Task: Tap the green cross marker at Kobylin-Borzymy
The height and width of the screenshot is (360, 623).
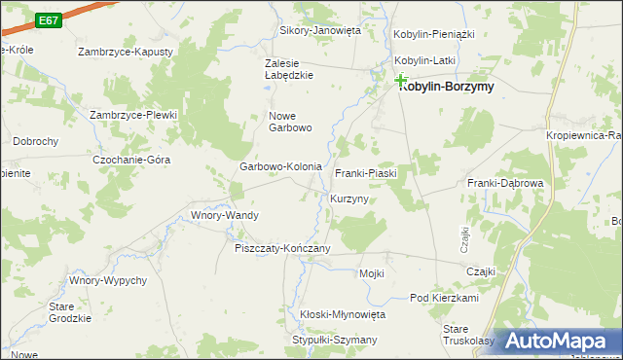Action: coord(400,82)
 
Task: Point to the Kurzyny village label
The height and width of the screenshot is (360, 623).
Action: coord(348,198)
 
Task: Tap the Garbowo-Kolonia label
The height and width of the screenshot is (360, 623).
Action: coord(280,166)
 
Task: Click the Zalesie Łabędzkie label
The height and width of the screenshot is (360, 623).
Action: coord(290,69)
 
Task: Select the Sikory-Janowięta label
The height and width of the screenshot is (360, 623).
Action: coord(320,30)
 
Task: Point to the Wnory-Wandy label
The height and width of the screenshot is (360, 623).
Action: coord(224,215)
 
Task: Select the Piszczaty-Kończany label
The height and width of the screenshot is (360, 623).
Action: coord(282,248)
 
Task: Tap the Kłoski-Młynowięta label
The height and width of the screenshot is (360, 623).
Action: coord(343,314)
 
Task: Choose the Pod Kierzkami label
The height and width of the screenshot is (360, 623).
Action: coord(444,298)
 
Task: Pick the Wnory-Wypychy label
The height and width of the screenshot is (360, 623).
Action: coord(107,280)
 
